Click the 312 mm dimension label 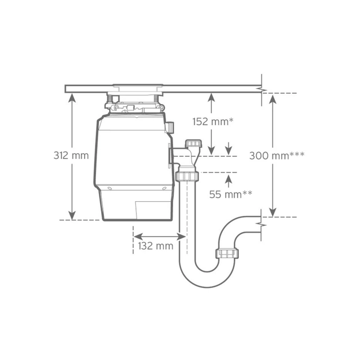coord(71,155)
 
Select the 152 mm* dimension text coord(214,121)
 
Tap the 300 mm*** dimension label coord(277,155)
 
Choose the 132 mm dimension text coord(155,246)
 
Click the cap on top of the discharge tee coord(194,143)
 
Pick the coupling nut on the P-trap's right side coord(227,253)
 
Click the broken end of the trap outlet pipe coord(261,224)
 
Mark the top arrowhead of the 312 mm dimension coord(72,97)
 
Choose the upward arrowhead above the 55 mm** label coord(229,178)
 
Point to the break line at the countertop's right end coord(262,89)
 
